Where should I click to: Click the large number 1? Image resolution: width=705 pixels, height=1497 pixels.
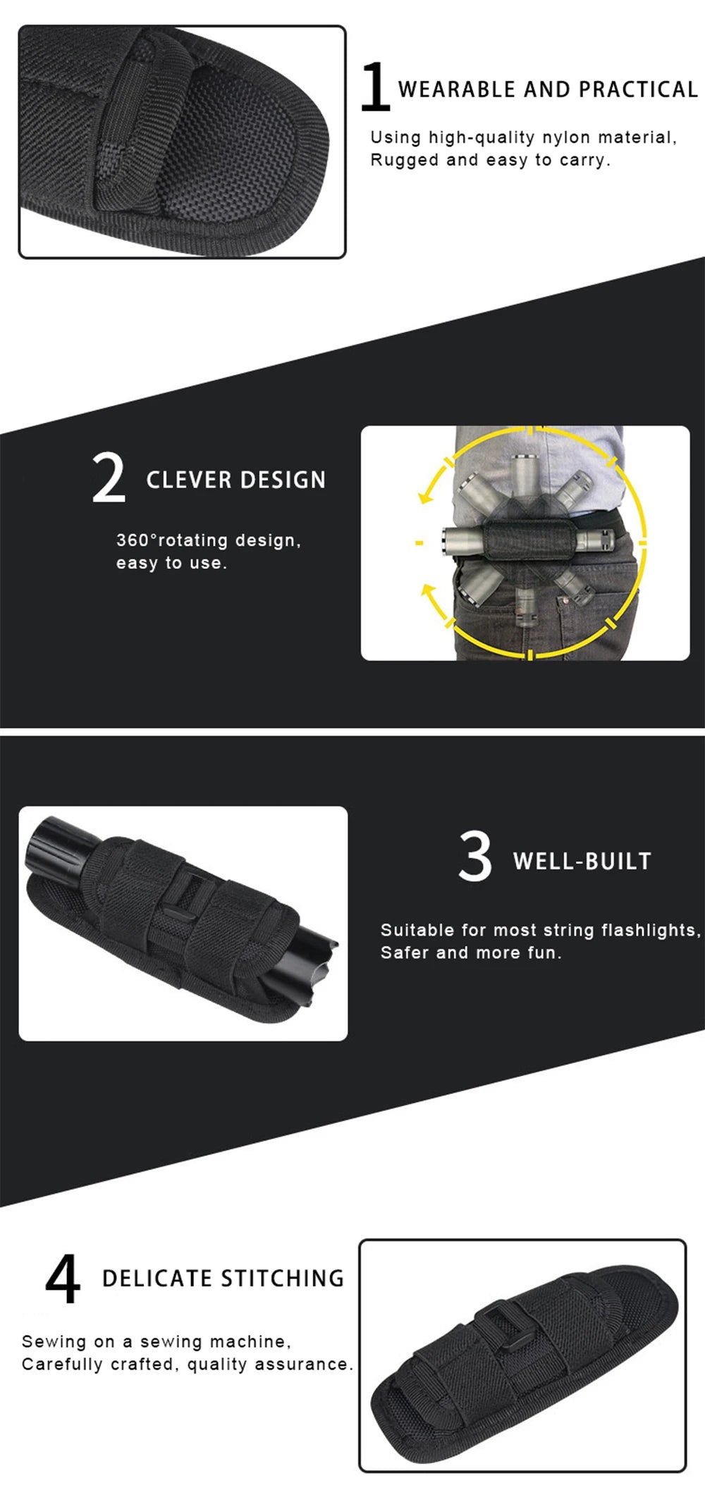(374, 87)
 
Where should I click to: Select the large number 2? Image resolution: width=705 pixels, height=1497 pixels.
(109, 478)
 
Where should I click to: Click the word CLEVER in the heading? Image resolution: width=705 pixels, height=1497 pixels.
(185, 480)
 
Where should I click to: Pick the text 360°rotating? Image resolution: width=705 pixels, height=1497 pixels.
(172, 540)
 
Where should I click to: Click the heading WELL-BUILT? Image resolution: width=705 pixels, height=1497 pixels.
(582, 861)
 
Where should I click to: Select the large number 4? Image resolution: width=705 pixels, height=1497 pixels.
(63, 1279)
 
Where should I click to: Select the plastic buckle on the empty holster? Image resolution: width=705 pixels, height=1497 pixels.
(502, 1322)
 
